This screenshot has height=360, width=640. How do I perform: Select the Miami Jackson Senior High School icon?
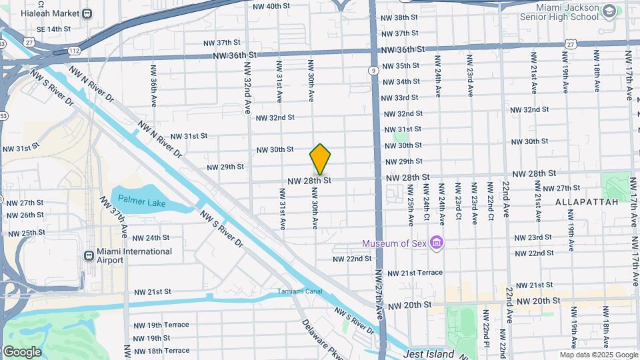click(x=609, y=11)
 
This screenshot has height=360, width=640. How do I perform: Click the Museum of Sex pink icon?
click(x=437, y=243)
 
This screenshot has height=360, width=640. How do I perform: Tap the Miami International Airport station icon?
click(x=89, y=256)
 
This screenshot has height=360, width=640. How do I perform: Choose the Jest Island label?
click(x=429, y=354)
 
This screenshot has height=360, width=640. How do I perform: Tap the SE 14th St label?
click(x=53, y=29)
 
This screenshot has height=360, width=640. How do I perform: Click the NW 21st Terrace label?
click(x=414, y=273)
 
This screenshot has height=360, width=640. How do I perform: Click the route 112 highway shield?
click(x=74, y=50)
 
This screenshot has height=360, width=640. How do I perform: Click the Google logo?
click(x=21, y=352)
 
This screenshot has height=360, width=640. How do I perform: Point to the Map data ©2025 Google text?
click(x=599, y=355)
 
